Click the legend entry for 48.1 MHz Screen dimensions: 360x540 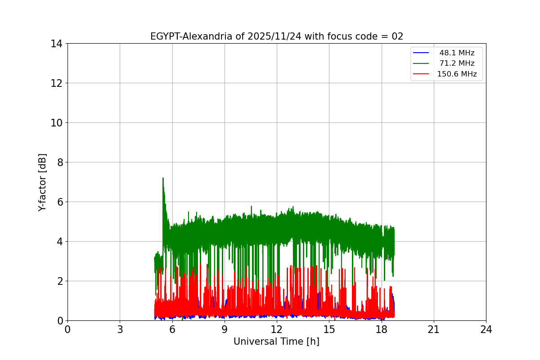pos(457,53)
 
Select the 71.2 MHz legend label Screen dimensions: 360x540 pos(457,63)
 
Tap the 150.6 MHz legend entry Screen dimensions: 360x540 pos(457,74)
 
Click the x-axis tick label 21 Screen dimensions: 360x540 pos(434,329)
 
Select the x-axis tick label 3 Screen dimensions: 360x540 pos(120,329)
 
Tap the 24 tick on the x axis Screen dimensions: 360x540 pos(486,329)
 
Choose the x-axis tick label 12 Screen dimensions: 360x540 pos(277,329)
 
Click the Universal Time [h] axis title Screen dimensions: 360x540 pos(276,342)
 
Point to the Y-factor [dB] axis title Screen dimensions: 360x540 pos(42,182)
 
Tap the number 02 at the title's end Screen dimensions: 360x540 pos(397,36)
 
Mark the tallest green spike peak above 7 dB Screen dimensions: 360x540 pos(163,178)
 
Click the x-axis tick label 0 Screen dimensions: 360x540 pos(67,329)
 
